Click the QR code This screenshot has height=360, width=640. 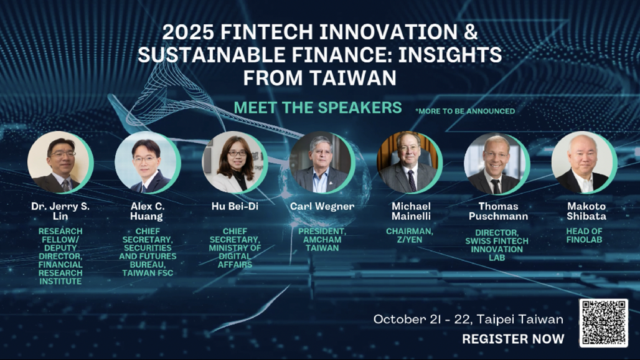coord(604,323)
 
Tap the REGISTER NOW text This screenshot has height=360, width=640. coord(513,339)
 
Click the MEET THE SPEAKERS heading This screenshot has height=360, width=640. coord(318,108)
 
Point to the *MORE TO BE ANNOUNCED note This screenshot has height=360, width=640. coord(465,111)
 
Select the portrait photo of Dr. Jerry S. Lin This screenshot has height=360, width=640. coord(60,162)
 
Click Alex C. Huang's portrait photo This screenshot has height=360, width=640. coord(147,162)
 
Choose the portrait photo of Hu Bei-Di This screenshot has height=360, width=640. coord(234,162)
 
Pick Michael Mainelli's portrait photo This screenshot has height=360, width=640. coord(409,162)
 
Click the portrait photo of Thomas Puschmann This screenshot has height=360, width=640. coord(496,162)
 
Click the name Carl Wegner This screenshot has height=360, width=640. coord(322,207)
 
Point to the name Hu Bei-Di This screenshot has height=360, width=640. coord(235,207)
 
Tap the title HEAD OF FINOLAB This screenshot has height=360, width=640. coord(584,235)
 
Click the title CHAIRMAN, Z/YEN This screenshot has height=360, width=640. coord(410,235)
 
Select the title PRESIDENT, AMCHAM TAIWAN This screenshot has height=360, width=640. coord(322,240)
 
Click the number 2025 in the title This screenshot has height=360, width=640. coord(188,32)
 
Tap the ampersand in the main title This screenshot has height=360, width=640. coord(470,32)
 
